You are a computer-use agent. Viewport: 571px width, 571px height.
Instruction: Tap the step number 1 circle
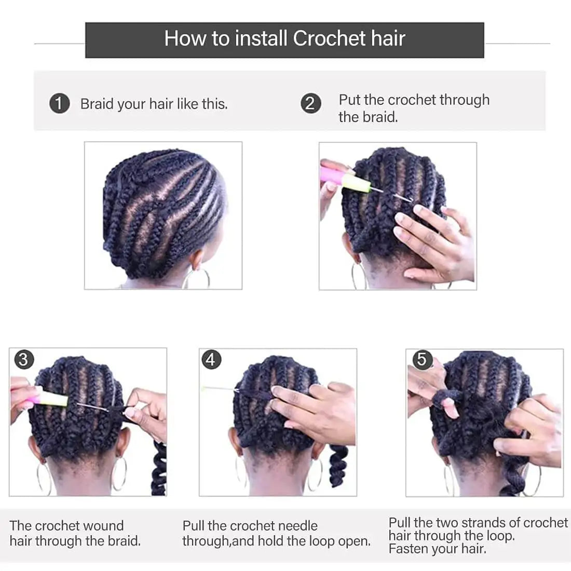pyautogui.click(x=59, y=103)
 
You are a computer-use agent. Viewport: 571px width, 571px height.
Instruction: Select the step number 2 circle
pyautogui.click(x=310, y=103)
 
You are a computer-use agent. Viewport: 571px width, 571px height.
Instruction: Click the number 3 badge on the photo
pyautogui.click(x=23, y=359)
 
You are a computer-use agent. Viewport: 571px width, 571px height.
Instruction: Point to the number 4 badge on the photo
pyautogui.click(x=211, y=359)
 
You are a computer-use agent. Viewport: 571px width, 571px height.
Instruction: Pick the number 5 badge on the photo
pyautogui.click(x=422, y=359)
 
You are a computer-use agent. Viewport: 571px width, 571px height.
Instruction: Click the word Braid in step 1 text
pyautogui.click(x=97, y=104)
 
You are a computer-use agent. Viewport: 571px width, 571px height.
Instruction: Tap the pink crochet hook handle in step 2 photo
pyautogui.click(x=332, y=174)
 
